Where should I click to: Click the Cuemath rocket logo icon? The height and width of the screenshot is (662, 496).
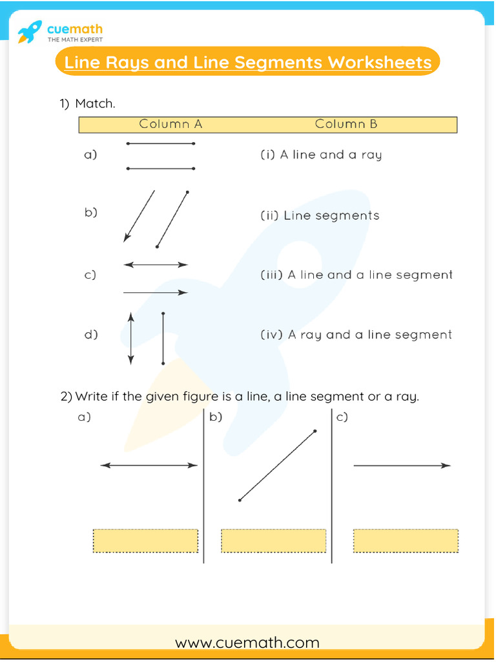point(30,32)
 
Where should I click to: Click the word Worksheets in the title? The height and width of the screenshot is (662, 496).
point(380,63)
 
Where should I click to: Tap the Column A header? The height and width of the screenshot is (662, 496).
point(170,124)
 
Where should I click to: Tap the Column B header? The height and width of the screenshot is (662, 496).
point(346,124)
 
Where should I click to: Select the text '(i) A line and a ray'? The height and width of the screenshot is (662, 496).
point(321,155)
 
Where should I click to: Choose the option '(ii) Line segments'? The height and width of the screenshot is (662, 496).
point(320,215)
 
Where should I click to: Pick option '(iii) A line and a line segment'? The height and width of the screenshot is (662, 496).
point(356,275)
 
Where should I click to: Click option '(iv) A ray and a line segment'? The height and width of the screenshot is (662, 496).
point(356,335)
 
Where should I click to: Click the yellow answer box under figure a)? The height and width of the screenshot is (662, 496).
point(145,540)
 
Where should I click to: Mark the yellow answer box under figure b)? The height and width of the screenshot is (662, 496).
point(273,540)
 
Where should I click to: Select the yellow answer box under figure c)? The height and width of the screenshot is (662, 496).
point(406,540)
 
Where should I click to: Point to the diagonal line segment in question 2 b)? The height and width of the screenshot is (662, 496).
point(277,465)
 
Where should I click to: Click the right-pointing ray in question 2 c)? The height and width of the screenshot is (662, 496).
point(402,465)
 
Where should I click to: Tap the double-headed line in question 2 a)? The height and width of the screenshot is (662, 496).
point(149,465)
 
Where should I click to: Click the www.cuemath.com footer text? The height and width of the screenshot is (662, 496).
point(247,643)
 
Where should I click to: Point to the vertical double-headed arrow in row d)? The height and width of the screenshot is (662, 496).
point(131,338)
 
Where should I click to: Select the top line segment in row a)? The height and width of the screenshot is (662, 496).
point(161,144)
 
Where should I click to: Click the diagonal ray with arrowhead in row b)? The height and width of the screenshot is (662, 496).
point(139,216)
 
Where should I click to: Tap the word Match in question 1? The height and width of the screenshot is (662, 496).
point(95,103)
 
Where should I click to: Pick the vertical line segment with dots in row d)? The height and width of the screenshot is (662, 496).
point(163,338)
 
